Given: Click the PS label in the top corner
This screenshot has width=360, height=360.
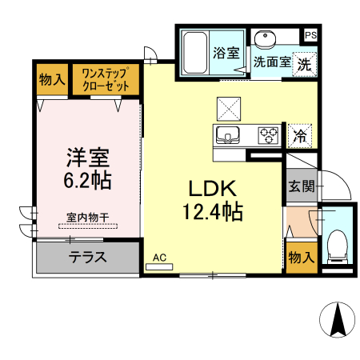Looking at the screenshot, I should [310, 35].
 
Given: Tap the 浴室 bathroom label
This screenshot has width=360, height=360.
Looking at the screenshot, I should [226, 54].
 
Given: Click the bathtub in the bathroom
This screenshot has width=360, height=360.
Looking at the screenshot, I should [194, 51].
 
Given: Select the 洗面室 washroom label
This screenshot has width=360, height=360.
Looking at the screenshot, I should [271, 61].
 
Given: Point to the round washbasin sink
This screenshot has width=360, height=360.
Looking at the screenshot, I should [265, 39].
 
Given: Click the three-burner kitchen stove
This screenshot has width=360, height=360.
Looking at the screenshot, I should [268, 134].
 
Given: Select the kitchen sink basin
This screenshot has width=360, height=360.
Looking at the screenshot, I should [227, 134].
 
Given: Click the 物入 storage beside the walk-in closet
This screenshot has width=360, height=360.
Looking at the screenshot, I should [51, 79].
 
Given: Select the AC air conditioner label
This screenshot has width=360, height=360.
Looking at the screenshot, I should [159, 258].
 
